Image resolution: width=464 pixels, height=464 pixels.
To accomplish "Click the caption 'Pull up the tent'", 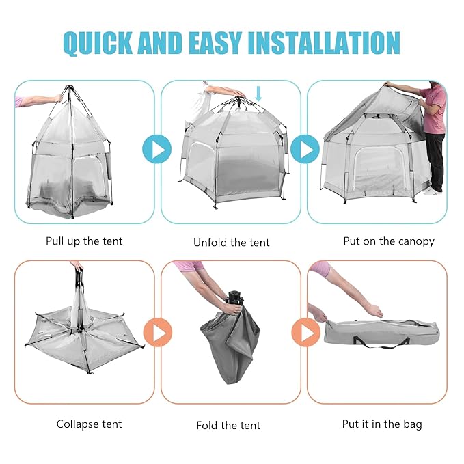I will pos(84,241).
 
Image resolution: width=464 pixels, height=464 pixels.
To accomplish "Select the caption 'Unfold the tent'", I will pos(231,242).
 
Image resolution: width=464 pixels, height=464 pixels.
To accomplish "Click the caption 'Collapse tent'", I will pos(89,424).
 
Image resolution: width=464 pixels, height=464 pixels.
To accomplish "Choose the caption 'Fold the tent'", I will pos(228,425).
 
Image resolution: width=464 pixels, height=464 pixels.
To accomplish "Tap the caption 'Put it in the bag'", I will pos(382,424).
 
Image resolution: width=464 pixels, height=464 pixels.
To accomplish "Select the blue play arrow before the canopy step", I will pos(305,149).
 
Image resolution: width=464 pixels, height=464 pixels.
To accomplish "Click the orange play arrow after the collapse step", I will pos(158,333).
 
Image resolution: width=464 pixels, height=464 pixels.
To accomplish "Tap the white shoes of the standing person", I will pos(431,191).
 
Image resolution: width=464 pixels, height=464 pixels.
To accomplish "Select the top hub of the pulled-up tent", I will pos(68,90).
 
